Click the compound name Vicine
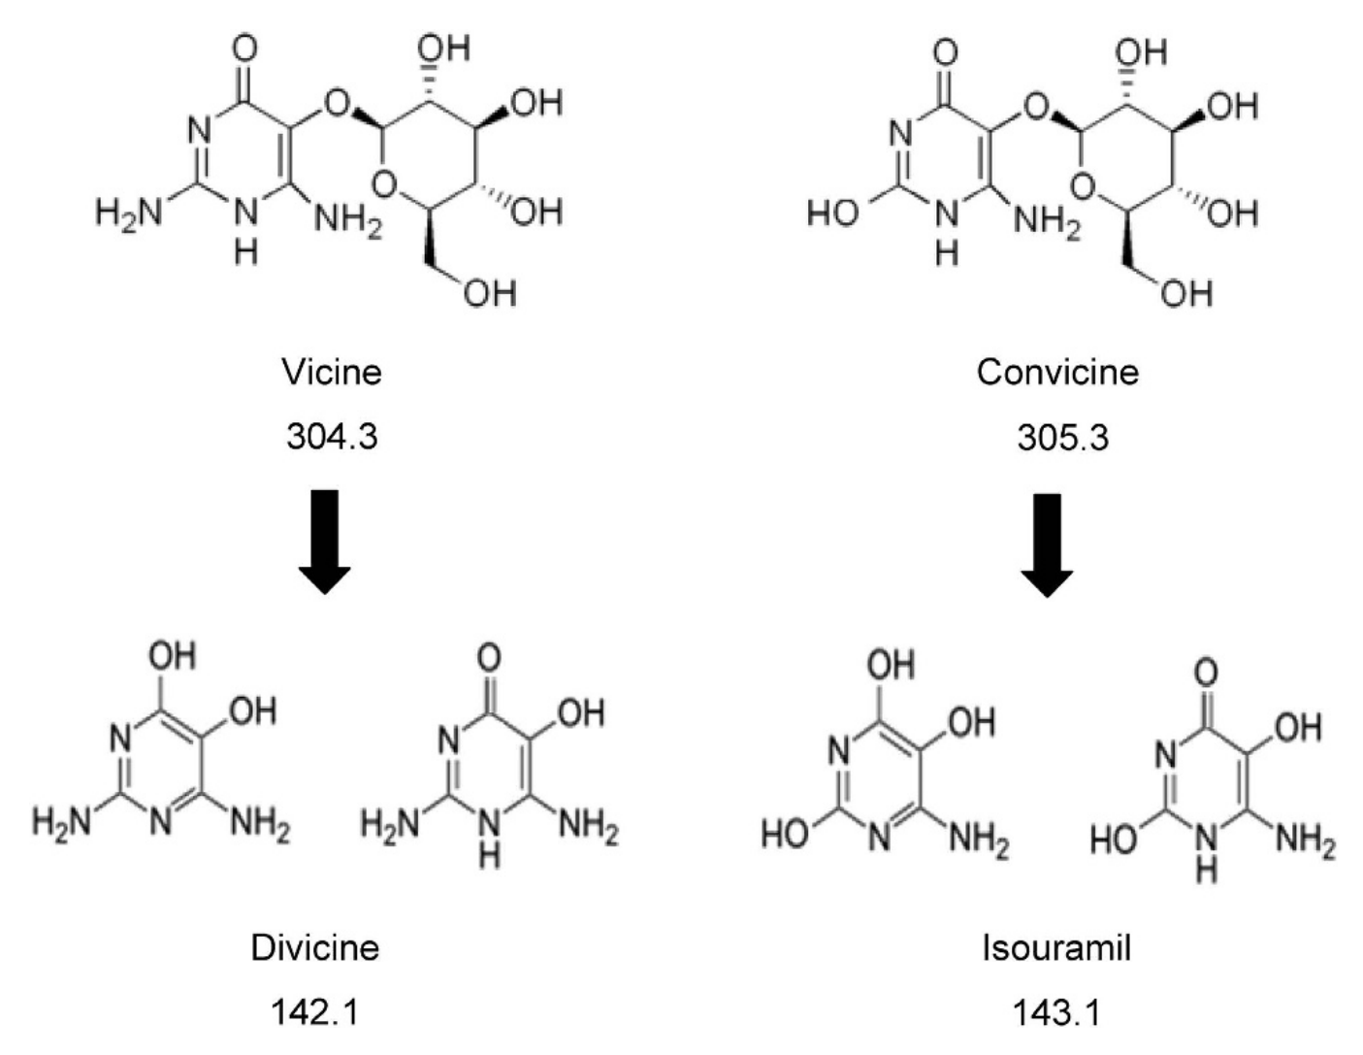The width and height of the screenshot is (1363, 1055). [x=331, y=372]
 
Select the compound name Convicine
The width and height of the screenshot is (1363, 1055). [x=1057, y=372]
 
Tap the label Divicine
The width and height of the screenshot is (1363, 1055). [x=315, y=947]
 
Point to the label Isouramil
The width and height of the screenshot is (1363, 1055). [x=1056, y=947]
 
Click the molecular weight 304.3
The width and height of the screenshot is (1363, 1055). [x=333, y=436]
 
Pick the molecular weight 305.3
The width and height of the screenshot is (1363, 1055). [x=1063, y=437]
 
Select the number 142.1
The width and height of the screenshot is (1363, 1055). [x=315, y=1012]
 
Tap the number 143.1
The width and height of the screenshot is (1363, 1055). [x=1056, y=1012]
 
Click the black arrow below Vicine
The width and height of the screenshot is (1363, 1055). [x=324, y=542]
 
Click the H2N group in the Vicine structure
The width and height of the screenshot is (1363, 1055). [x=129, y=212]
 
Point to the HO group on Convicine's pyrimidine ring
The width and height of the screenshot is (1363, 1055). [x=832, y=213]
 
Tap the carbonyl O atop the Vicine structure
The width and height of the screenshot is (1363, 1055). [x=244, y=49]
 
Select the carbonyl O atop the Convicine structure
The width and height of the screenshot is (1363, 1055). [x=945, y=51]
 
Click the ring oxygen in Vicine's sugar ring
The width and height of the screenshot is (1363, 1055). [x=384, y=183]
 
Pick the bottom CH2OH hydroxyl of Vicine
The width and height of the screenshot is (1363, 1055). [x=490, y=293]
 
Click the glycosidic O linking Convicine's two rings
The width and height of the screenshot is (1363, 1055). [x=1036, y=108]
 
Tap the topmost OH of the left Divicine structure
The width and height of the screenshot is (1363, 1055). [x=173, y=656]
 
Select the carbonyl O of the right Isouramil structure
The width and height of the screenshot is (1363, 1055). [x=1206, y=672]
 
